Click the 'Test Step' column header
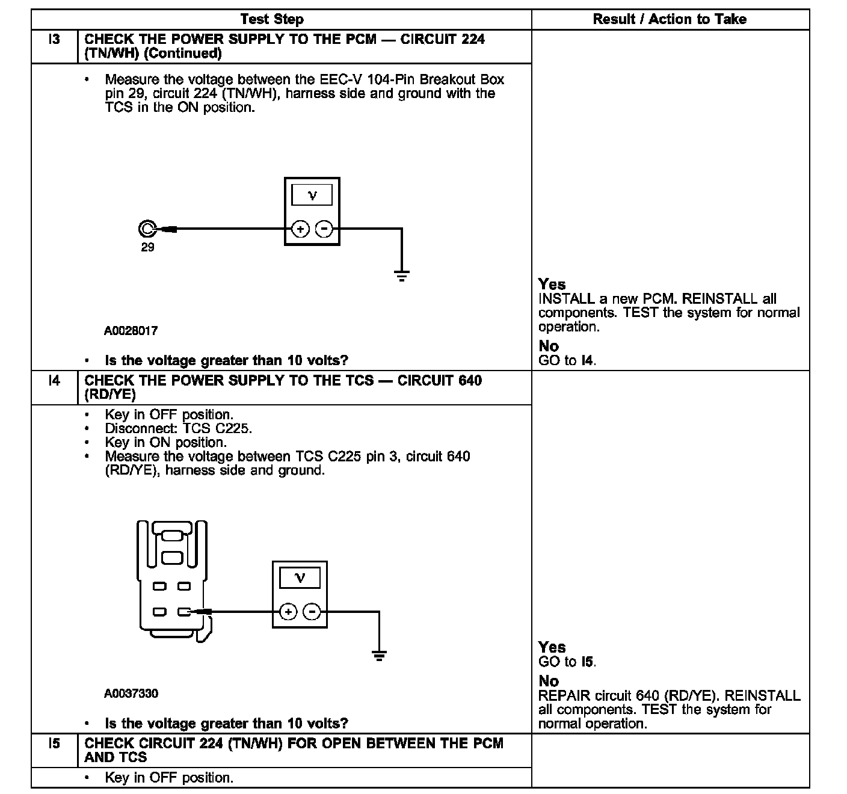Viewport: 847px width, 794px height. coord(272,19)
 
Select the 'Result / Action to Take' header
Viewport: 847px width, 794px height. coord(670,19)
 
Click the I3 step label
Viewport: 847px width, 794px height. coord(54,40)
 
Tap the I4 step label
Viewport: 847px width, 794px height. coord(54,381)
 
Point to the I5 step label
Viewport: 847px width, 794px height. coord(54,744)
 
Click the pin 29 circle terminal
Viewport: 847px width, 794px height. coord(147,229)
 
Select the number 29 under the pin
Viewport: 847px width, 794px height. coord(147,248)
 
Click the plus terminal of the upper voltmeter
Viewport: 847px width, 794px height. coord(300,229)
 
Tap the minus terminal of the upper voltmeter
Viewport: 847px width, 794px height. coord(324,229)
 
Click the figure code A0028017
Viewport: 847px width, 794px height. coord(131,331)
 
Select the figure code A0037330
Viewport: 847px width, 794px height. coord(131,694)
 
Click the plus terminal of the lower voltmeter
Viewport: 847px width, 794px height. coord(289,612)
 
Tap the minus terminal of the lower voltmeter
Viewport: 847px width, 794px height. coord(312,612)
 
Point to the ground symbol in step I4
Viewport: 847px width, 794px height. coord(379,656)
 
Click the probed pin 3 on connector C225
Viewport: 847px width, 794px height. coord(184,612)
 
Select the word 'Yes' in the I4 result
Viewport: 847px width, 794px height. coord(552,647)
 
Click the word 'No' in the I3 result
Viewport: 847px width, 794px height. coord(549,346)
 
